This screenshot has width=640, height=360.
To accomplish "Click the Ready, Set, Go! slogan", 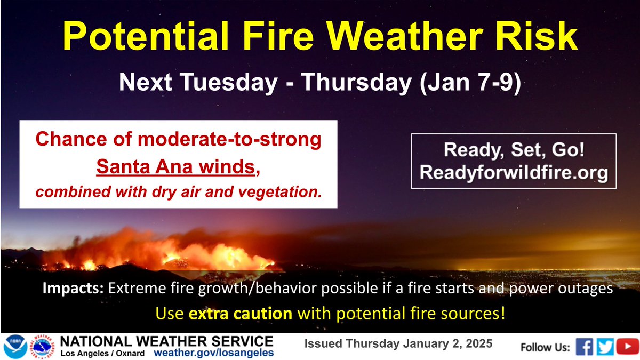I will point(514,150).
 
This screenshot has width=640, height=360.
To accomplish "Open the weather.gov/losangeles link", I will point(214,353).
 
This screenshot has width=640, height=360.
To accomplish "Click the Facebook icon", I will point(585,347).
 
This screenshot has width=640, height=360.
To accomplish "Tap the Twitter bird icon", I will point(605,347).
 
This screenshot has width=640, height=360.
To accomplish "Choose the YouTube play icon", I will point(625,347).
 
